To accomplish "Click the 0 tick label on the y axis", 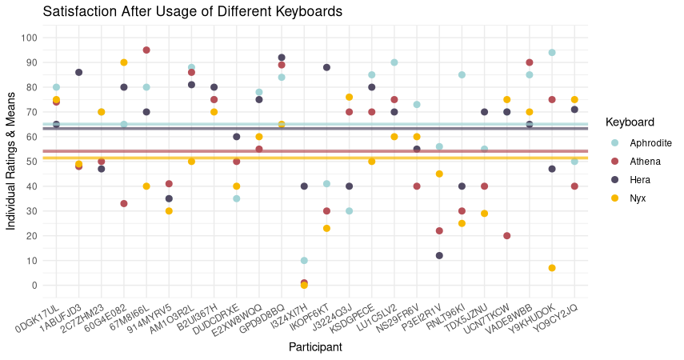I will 34,286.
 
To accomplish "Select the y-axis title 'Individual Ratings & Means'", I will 11,162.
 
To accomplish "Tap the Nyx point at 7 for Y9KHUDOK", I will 552,268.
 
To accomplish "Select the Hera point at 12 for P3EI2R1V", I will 439,256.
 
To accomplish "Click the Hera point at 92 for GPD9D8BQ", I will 282,58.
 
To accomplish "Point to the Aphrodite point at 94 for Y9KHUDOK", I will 552,53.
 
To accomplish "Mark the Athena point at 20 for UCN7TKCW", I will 507,236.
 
